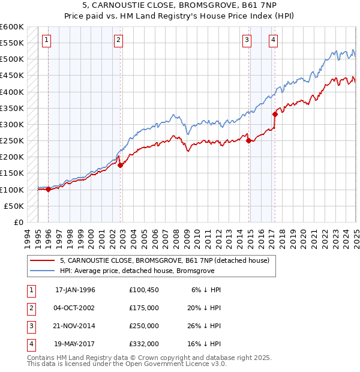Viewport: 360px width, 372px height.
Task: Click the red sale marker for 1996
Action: tap(48, 189)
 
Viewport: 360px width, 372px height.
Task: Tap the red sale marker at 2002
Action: tap(120, 165)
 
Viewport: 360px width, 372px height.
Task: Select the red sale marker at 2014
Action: tap(248, 140)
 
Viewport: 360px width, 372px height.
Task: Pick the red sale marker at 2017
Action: tap(275, 114)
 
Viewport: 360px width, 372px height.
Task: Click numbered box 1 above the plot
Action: tap(47, 40)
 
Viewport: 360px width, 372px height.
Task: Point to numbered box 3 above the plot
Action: tap(247, 40)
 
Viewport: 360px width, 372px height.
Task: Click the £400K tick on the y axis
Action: tap(13, 92)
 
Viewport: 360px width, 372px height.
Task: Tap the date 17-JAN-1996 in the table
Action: tap(75, 289)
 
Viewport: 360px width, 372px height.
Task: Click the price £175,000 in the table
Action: tap(144, 307)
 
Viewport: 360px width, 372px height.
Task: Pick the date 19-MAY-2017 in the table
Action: tap(75, 344)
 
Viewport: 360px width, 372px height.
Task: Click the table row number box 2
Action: tap(30, 307)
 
